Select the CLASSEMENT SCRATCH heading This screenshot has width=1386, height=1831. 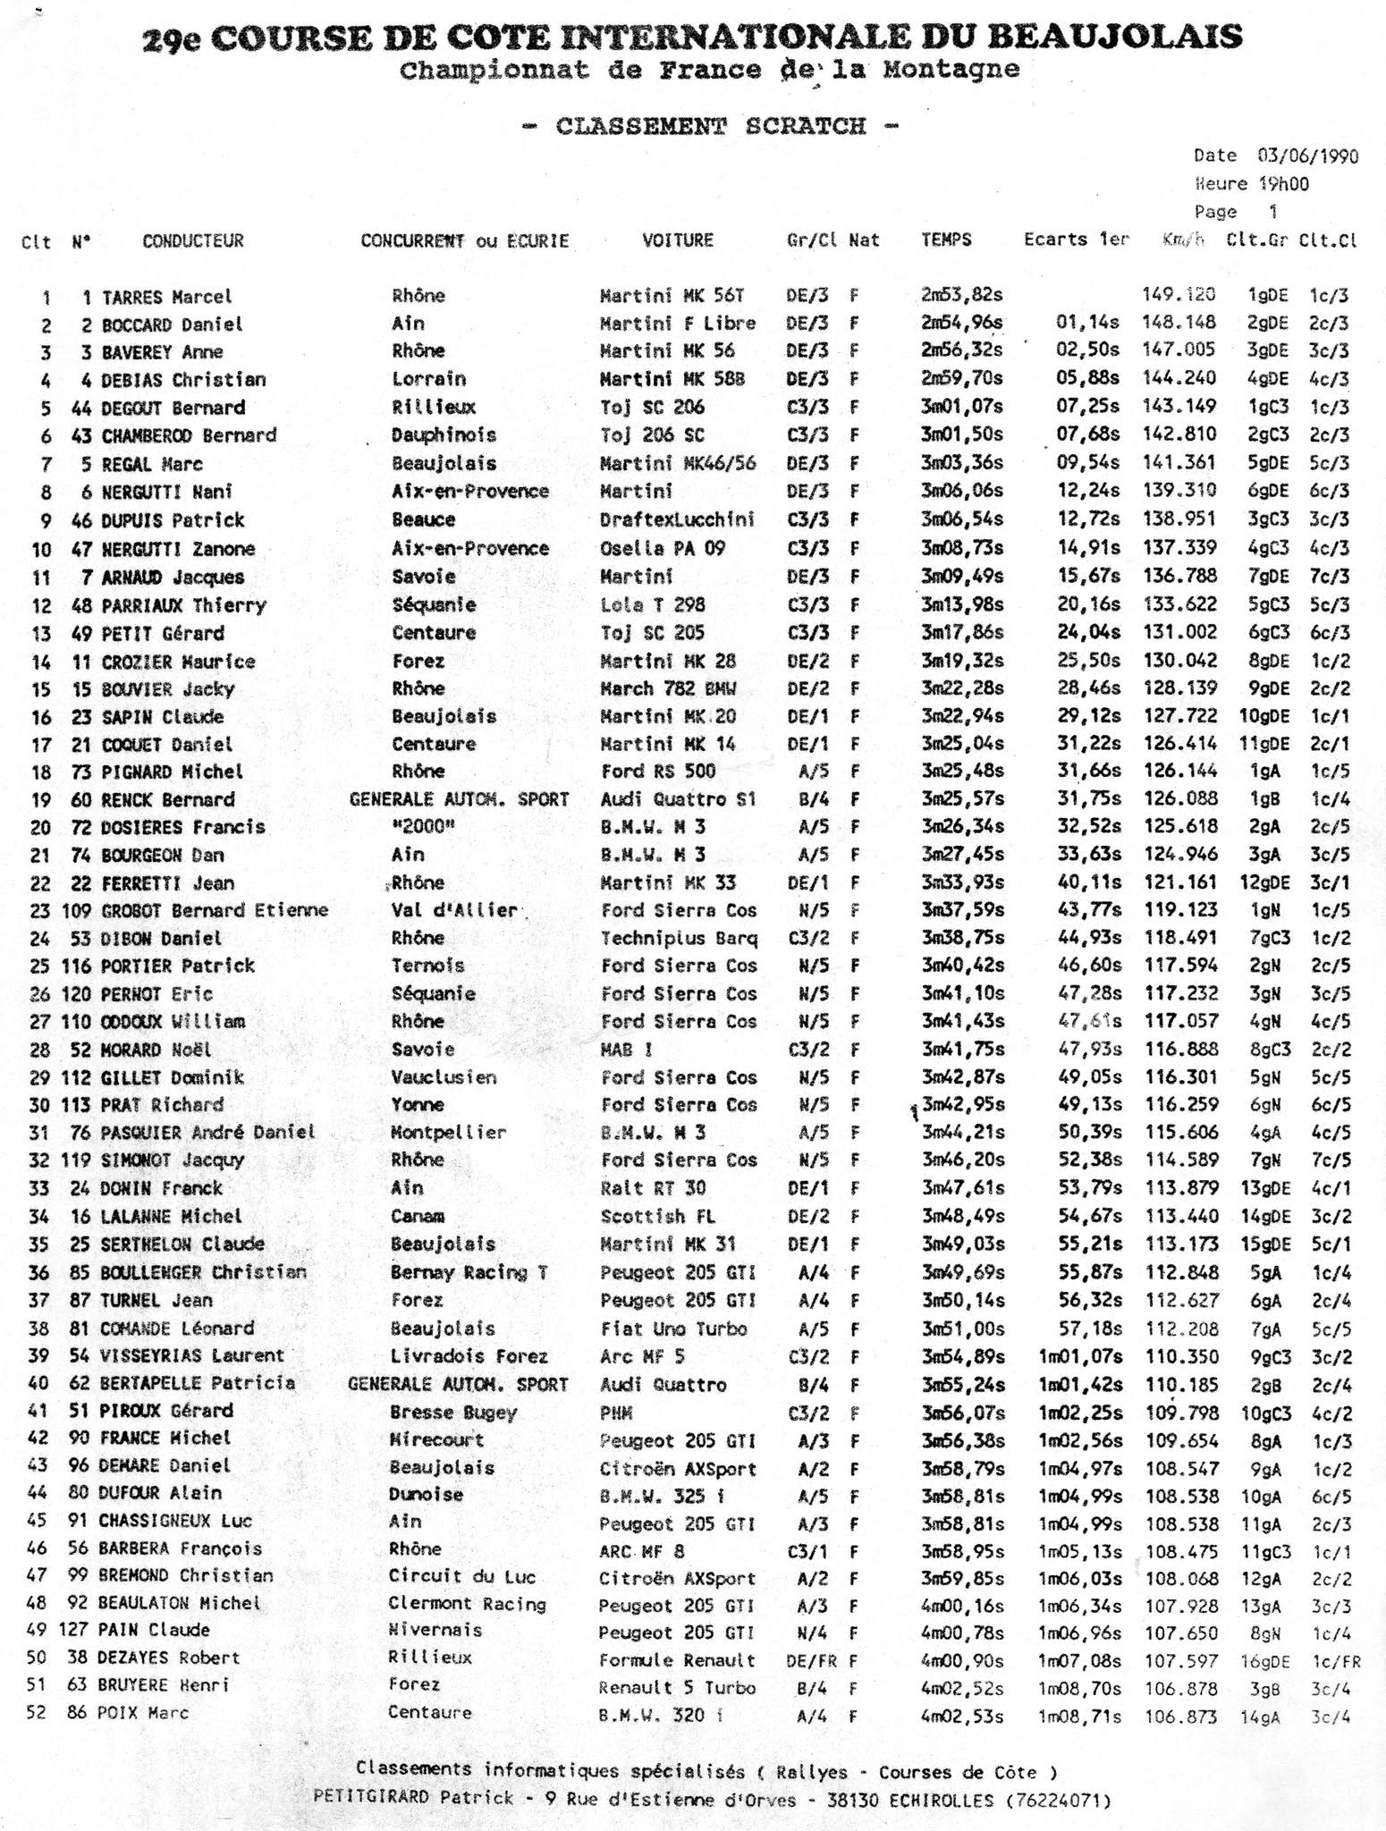coord(711,126)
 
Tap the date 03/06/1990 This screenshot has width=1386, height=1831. coord(1307,156)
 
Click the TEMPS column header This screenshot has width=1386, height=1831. coord(946,240)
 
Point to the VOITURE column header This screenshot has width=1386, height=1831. coord(678,240)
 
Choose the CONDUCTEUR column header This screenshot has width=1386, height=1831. coord(192,240)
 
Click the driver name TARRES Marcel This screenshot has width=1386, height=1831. coord(166,297)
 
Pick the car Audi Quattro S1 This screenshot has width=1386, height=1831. coord(678,799)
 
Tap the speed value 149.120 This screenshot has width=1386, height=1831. coord(1179,295)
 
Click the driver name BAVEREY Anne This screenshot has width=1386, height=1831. coord(162,352)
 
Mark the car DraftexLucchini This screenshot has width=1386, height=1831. coord(678,519)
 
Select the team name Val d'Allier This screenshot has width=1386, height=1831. coord(454,910)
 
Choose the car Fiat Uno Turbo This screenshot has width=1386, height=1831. coord(673,1329)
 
